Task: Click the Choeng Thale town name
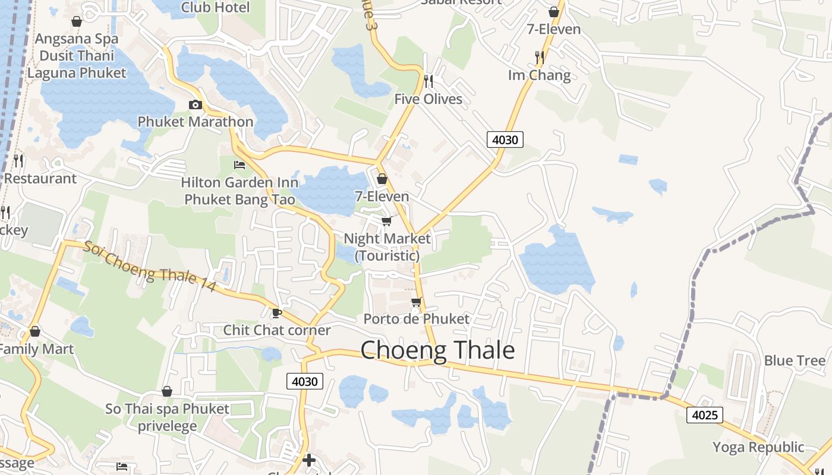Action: pyautogui.click(x=437, y=350)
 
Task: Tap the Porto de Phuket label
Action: pyautogui.click(x=416, y=319)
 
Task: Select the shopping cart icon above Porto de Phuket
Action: pyautogui.click(x=416, y=302)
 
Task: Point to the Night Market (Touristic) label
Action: pyautogui.click(x=387, y=247)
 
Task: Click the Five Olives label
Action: pyautogui.click(x=428, y=99)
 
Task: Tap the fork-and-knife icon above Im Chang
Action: pyautogui.click(x=539, y=57)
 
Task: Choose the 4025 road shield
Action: pyautogui.click(x=705, y=415)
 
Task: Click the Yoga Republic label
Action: pyautogui.click(x=758, y=447)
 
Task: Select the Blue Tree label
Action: pyautogui.click(x=795, y=360)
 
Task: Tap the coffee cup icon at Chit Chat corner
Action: pyautogui.click(x=276, y=313)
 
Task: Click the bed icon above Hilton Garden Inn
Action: pyautogui.click(x=239, y=164)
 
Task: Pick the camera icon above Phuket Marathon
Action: pyautogui.click(x=195, y=105)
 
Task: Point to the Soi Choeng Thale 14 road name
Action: pyautogui.click(x=149, y=266)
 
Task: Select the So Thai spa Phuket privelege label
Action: pyautogui.click(x=167, y=417)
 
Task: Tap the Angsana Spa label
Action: pyautogui.click(x=77, y=39)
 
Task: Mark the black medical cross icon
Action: pyautogui.click(x=308, y=460)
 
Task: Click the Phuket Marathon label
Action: pyautogui.click(x=196, y=122)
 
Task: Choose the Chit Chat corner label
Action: pyautogui.click(x=276, y=330)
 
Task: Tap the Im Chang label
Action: pyautogui.click(x=539, y=75)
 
